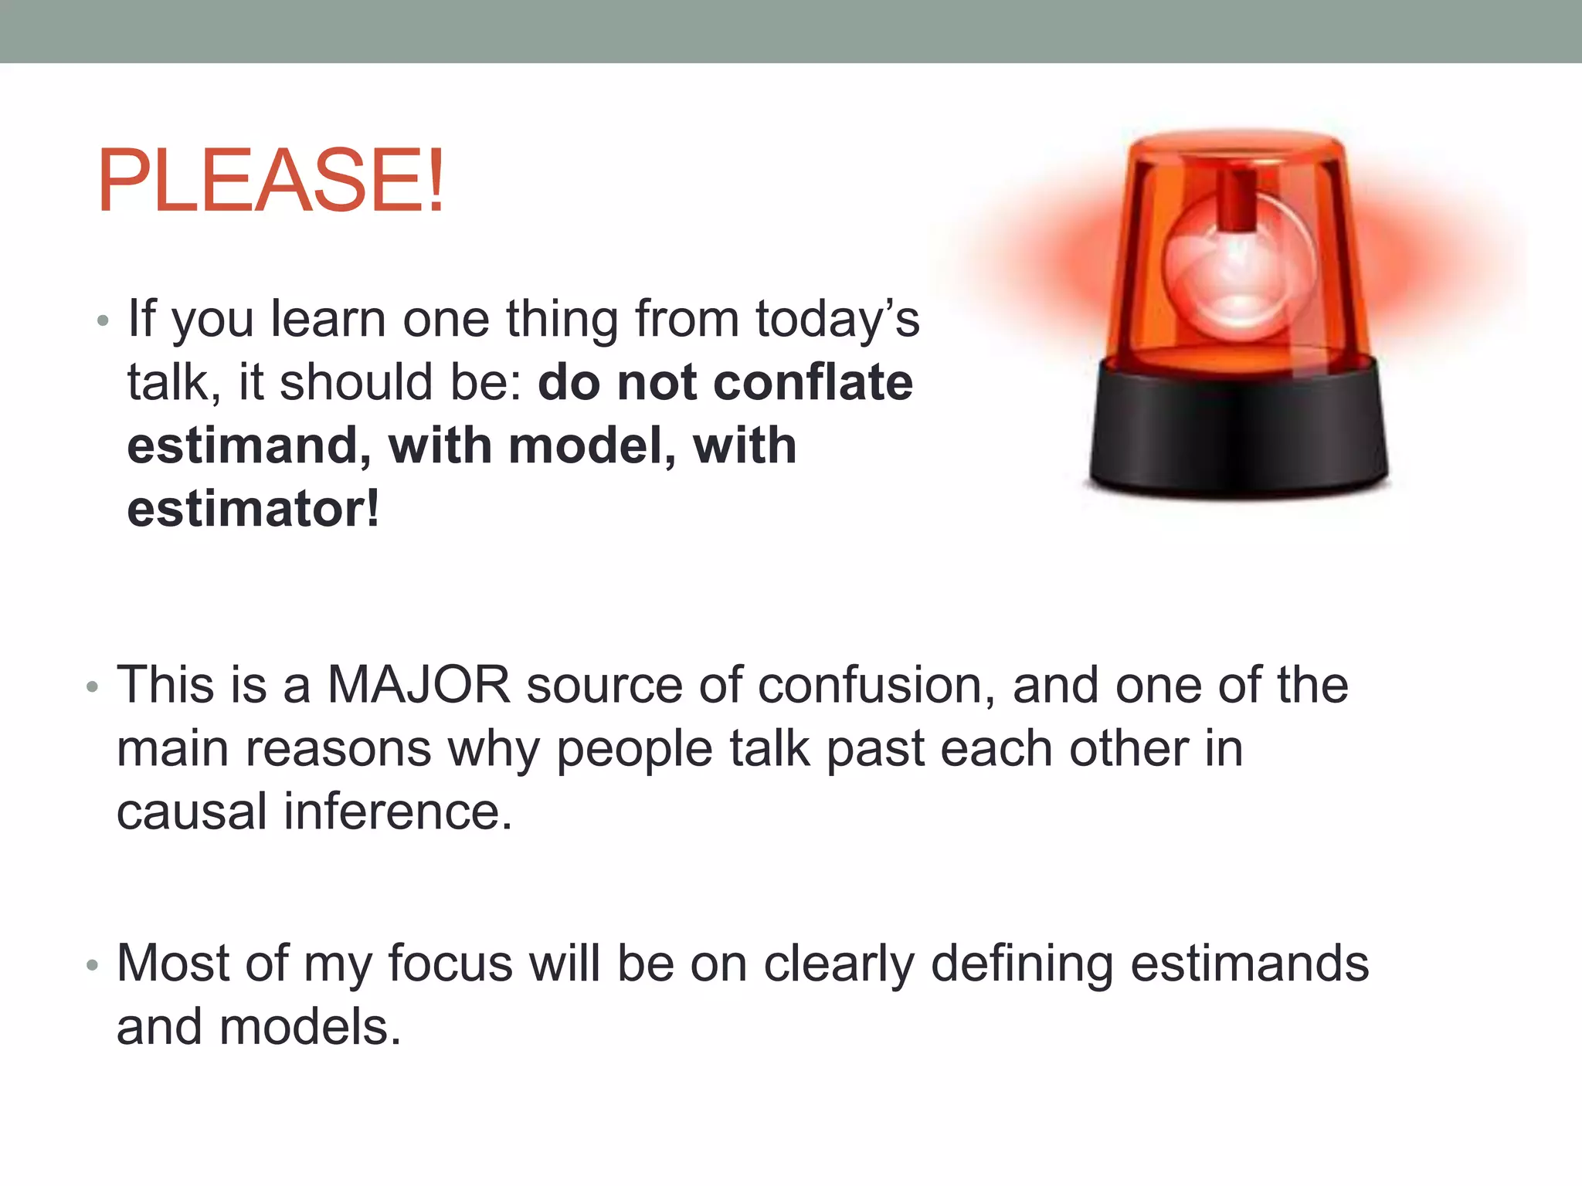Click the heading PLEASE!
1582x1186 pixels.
click(x=270, y=181)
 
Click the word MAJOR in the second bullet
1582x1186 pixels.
click(x=419, y=685)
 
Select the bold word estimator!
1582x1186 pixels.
click(x=253, y=510)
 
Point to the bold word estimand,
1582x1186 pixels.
click(x=249, y=446)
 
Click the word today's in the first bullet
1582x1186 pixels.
click(x=837, y=319)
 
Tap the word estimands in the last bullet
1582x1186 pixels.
click(x=1249, y=964)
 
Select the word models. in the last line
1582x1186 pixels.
click(x=311, y=1028)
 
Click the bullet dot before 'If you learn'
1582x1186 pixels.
click(x=103, y=320)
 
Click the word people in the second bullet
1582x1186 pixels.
click(x=633, y=749)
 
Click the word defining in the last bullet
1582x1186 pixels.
click(x=1021, y=964)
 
